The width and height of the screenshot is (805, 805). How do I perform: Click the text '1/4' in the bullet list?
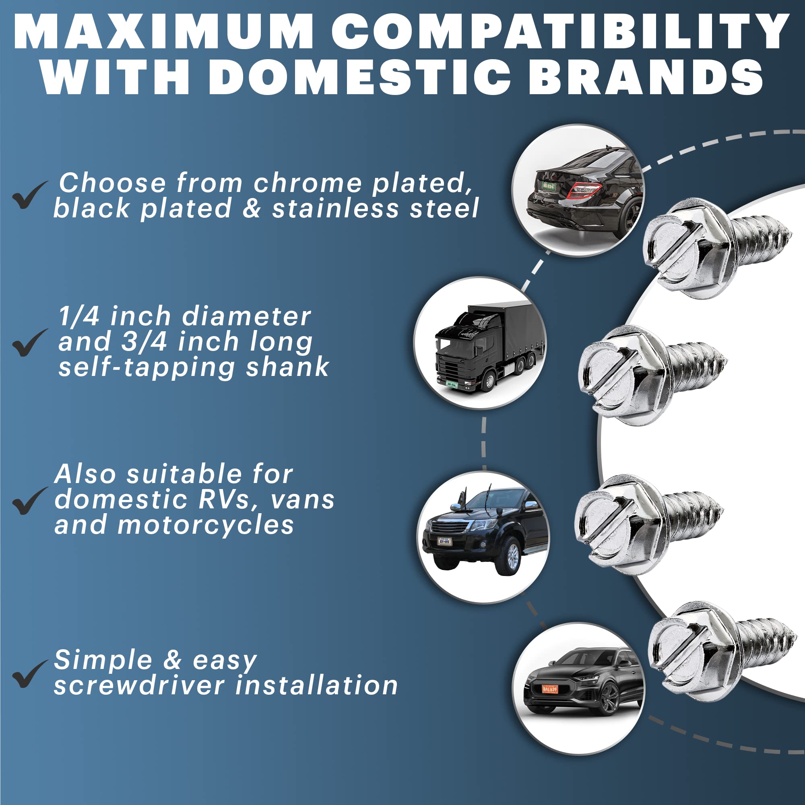[79, 316]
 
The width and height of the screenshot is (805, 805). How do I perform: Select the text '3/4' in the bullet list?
[144, 342]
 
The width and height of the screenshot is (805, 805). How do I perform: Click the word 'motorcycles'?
[206, 524]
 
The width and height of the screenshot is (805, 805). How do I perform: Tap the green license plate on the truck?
[452, 384]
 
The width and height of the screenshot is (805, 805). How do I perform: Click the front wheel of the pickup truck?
[512, 556]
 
